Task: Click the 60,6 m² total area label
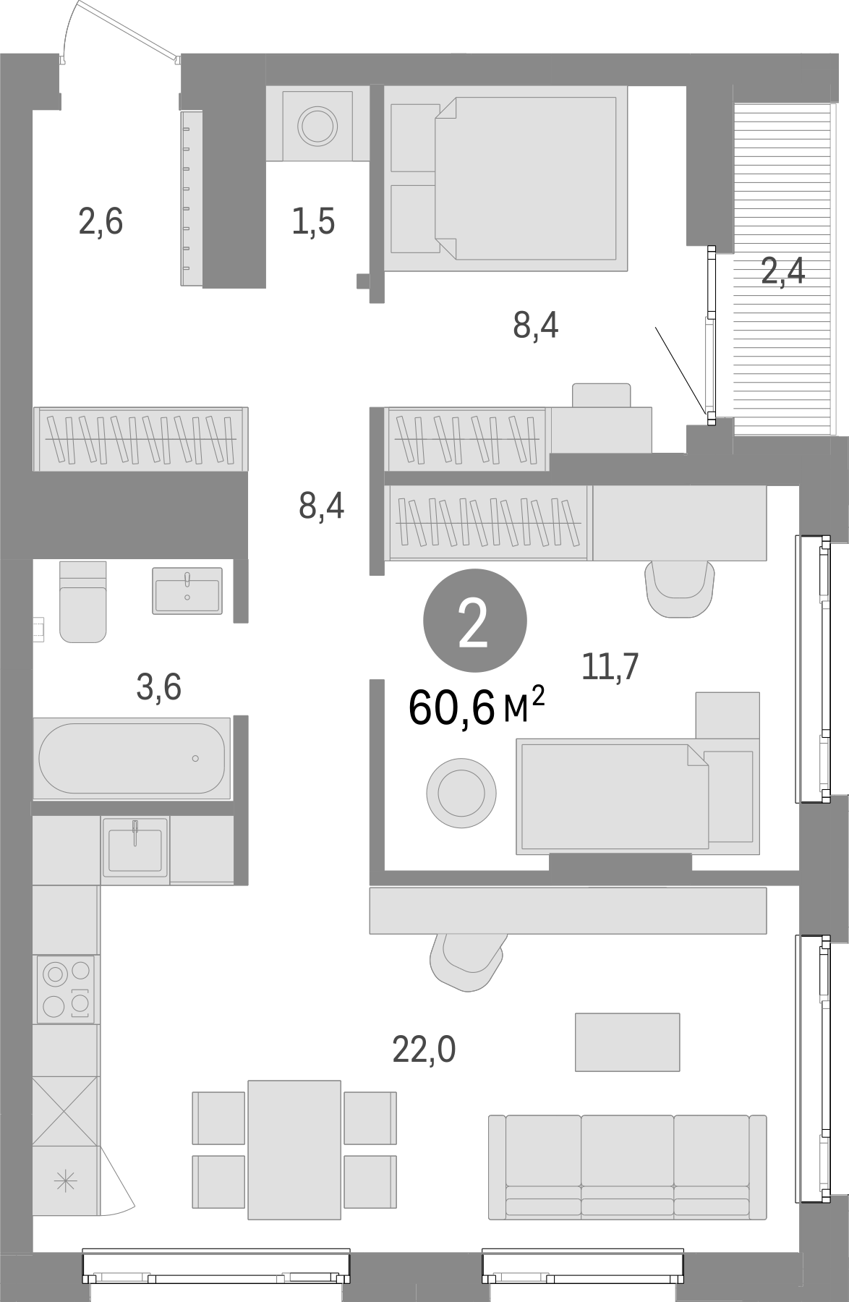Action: pos(476,707)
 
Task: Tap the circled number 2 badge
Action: pos(474,621)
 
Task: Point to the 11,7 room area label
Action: pos(610,666)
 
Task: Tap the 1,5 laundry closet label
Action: pos(314,221)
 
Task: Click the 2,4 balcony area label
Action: pos(783,272)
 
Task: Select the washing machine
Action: pos(318,124)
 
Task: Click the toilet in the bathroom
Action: pos(82,602)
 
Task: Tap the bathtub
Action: pos(132,758)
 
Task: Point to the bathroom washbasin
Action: pos(187,590)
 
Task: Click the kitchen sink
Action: pos(135,849)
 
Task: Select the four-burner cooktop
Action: pos(66,989)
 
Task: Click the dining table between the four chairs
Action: pos(294,1149)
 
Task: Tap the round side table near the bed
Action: pos(461,792)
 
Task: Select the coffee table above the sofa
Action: pos(627,1042)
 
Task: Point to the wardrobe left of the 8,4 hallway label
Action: pos(141,439)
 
